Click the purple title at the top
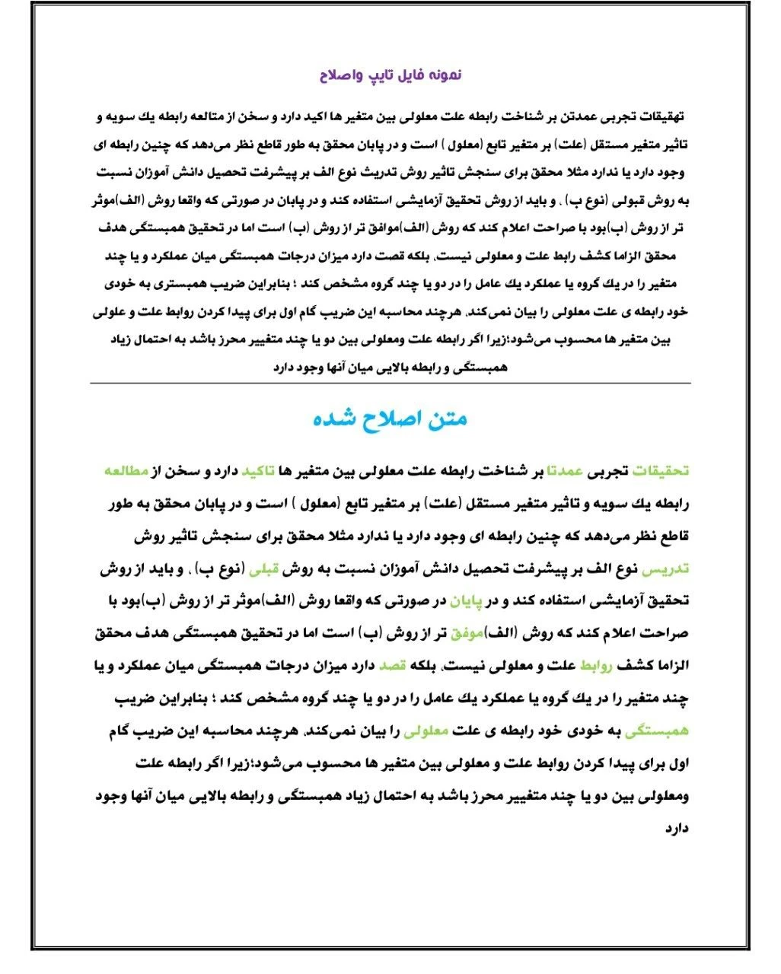pos(390,75)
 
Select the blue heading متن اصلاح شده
pos(390,419)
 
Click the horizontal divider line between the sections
pos(390,383)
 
